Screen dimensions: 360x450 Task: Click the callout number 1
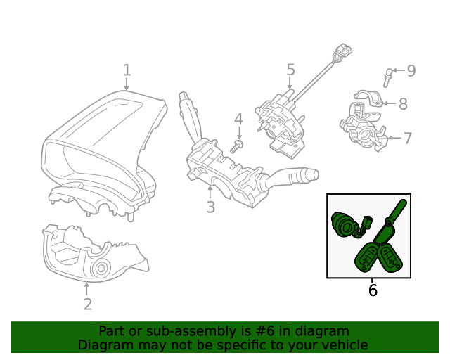127,70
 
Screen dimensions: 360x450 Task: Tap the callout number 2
87,304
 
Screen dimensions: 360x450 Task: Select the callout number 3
210,207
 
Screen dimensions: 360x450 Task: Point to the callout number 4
238,119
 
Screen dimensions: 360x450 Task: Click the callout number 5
290,70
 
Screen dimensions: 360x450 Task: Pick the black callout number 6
373,290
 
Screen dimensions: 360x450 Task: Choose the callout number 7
407,138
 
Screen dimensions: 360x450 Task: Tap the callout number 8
403,104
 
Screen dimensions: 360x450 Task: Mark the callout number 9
411,70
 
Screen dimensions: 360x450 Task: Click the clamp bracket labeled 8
367,98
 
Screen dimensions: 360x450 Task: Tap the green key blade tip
401,205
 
